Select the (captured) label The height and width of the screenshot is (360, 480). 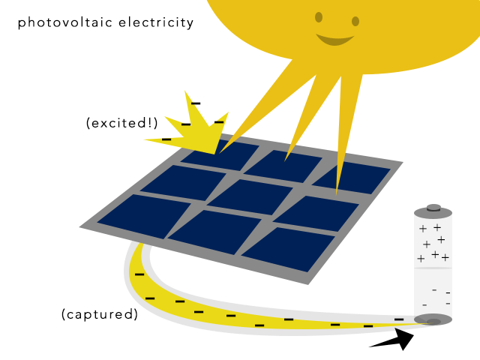click(x=100, y=314)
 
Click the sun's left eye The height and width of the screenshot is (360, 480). click(x=319, y=16)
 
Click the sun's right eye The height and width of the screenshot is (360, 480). click(x=355, y=21)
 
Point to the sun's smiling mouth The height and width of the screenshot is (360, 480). click(x=334, y=39)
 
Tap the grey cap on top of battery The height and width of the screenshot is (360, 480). click(x=433, y=211)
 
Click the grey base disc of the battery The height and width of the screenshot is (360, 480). click(x=433, y=320)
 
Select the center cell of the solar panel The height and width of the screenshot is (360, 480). click(x=250, y=196)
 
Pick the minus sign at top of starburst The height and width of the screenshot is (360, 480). click(x=196, y=103)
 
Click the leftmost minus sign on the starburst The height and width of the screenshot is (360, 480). click(x=166, y=139)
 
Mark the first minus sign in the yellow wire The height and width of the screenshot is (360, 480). click(x=139, y=275)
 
